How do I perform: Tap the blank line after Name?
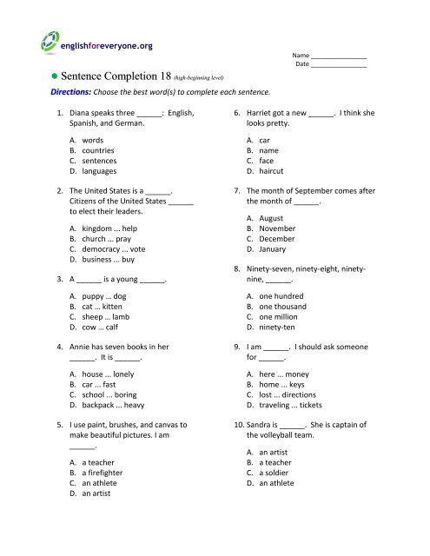(340, 56)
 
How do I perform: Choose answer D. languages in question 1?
(96, 172)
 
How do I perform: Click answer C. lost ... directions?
(283, 404)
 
